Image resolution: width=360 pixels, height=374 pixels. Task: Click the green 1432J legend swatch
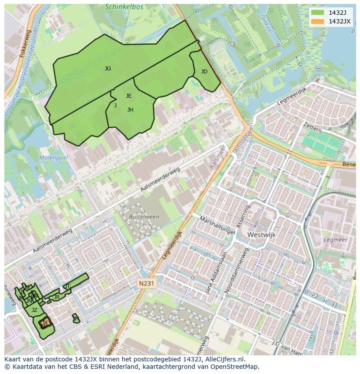pyautogui.click(x=318, y=13)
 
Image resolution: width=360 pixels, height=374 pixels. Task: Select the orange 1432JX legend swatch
pyautogui.click(x=318, y=21)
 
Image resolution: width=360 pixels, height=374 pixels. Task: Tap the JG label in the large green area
pyautogui.click(x=108, y=69)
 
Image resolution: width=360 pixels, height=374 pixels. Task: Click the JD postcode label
pyautogui.click(x=204, y=72)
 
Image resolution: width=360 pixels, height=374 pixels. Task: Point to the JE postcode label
pyautogui.click(x=129, y=96)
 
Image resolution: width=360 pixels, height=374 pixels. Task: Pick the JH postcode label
pyautogui.click(x=130, y=110)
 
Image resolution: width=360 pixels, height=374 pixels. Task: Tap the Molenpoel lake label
pyautogui.click(x=53, y=158)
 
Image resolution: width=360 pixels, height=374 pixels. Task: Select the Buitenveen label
pyautogui.click(x=144, y=216)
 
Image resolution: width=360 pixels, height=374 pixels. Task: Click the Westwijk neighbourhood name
pyautogui.click(x=261, y=235)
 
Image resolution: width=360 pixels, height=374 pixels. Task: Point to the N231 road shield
pyautogui.click(x=146, y=283)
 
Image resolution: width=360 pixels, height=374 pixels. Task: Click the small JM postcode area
pyautogui.click(x=76, y=319)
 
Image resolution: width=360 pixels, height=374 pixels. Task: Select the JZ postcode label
pyautogui.click(x=34, y=310)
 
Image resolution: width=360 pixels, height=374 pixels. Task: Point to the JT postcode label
pyautogui.click(x=67, y=286)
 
